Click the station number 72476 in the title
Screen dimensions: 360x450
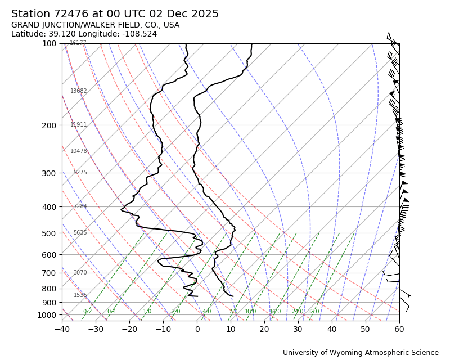coord(71,15)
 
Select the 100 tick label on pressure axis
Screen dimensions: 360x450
coord(49,43)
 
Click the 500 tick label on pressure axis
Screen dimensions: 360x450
coord(49,233)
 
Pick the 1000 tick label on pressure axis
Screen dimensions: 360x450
coord(47,315)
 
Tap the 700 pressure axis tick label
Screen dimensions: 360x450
coord(49,273)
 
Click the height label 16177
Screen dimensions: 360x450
coord(78,43)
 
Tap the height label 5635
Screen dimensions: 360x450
coord(80,233)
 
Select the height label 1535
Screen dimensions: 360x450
coord(80,295)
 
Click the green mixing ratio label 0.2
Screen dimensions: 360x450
coord(88,312)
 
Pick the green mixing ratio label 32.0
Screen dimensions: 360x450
coord(313,312)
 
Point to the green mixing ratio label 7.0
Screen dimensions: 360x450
coord(233,312)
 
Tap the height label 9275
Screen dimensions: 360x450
coord(80,173)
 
